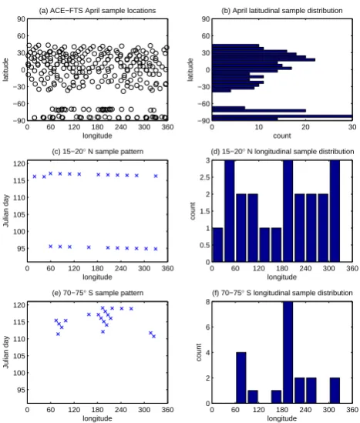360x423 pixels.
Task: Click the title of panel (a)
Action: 97,11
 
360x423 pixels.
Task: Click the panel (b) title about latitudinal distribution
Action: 281,11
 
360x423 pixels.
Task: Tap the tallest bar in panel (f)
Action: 288,352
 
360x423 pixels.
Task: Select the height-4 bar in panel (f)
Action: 241,378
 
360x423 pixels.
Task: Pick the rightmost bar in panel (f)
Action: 335,391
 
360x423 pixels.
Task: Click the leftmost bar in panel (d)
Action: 218,245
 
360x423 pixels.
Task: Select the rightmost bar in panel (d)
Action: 335,211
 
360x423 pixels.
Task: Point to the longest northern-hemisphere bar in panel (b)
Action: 264,59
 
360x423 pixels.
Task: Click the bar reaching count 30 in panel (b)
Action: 282,116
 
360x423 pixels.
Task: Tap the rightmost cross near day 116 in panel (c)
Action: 156,176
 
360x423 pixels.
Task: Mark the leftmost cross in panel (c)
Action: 35,176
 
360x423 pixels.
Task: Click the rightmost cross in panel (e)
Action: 154,336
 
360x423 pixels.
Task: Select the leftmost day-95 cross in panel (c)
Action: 50,246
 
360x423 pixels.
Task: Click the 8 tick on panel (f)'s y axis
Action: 207,302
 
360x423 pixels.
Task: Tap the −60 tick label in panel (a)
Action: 19,103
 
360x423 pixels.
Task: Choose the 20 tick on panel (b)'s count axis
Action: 305,127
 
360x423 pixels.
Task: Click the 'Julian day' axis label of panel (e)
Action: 6,352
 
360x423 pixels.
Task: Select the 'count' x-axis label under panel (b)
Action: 282,136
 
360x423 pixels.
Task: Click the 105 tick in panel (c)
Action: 19,214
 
